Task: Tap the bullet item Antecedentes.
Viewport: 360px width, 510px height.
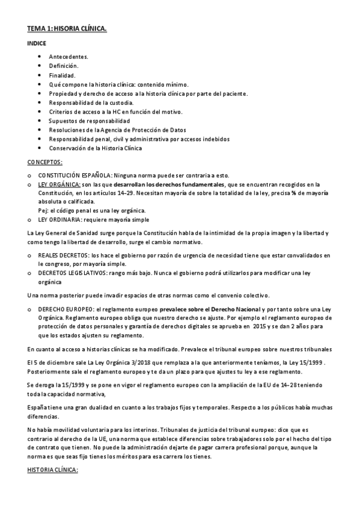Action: coord(69,57)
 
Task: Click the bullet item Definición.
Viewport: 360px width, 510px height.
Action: coord(64,66)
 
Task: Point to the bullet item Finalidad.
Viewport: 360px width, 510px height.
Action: coord(63,75)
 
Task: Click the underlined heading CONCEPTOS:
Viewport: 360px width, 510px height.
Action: coord(45,162)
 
